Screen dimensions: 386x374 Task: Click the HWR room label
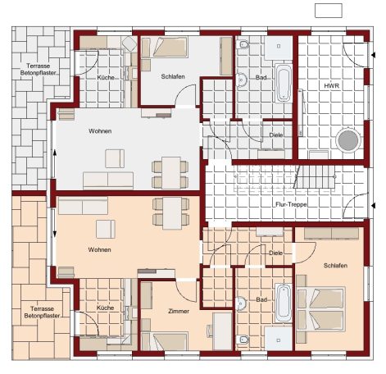coord(332,86)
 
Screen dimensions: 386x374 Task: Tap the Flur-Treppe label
coord(291,204)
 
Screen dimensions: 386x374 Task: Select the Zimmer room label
coord(179,311)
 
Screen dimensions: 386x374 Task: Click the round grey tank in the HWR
coord(348,140)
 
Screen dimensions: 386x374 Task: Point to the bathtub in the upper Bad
coord(284,83)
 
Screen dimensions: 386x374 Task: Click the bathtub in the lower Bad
coord(284,303)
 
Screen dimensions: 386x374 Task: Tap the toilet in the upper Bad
coord(243,44)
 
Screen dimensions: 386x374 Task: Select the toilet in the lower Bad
coord(243,340)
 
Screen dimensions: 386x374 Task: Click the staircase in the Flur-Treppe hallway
coord(315,177)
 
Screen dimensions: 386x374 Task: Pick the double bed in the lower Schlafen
coord(321,309)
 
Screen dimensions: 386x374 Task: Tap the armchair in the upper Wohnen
coord(115,158)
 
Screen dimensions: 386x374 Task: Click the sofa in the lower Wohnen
coord(83,206)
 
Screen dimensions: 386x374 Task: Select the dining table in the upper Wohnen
coord(170,173)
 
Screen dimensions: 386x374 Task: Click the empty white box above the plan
coord(329,11)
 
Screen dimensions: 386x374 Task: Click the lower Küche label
coord(105,308)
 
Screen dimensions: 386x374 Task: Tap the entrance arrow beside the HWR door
coord(373,55)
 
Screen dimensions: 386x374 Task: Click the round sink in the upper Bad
coord(241,80)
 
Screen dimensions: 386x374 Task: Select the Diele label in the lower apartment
coord(276,253)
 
